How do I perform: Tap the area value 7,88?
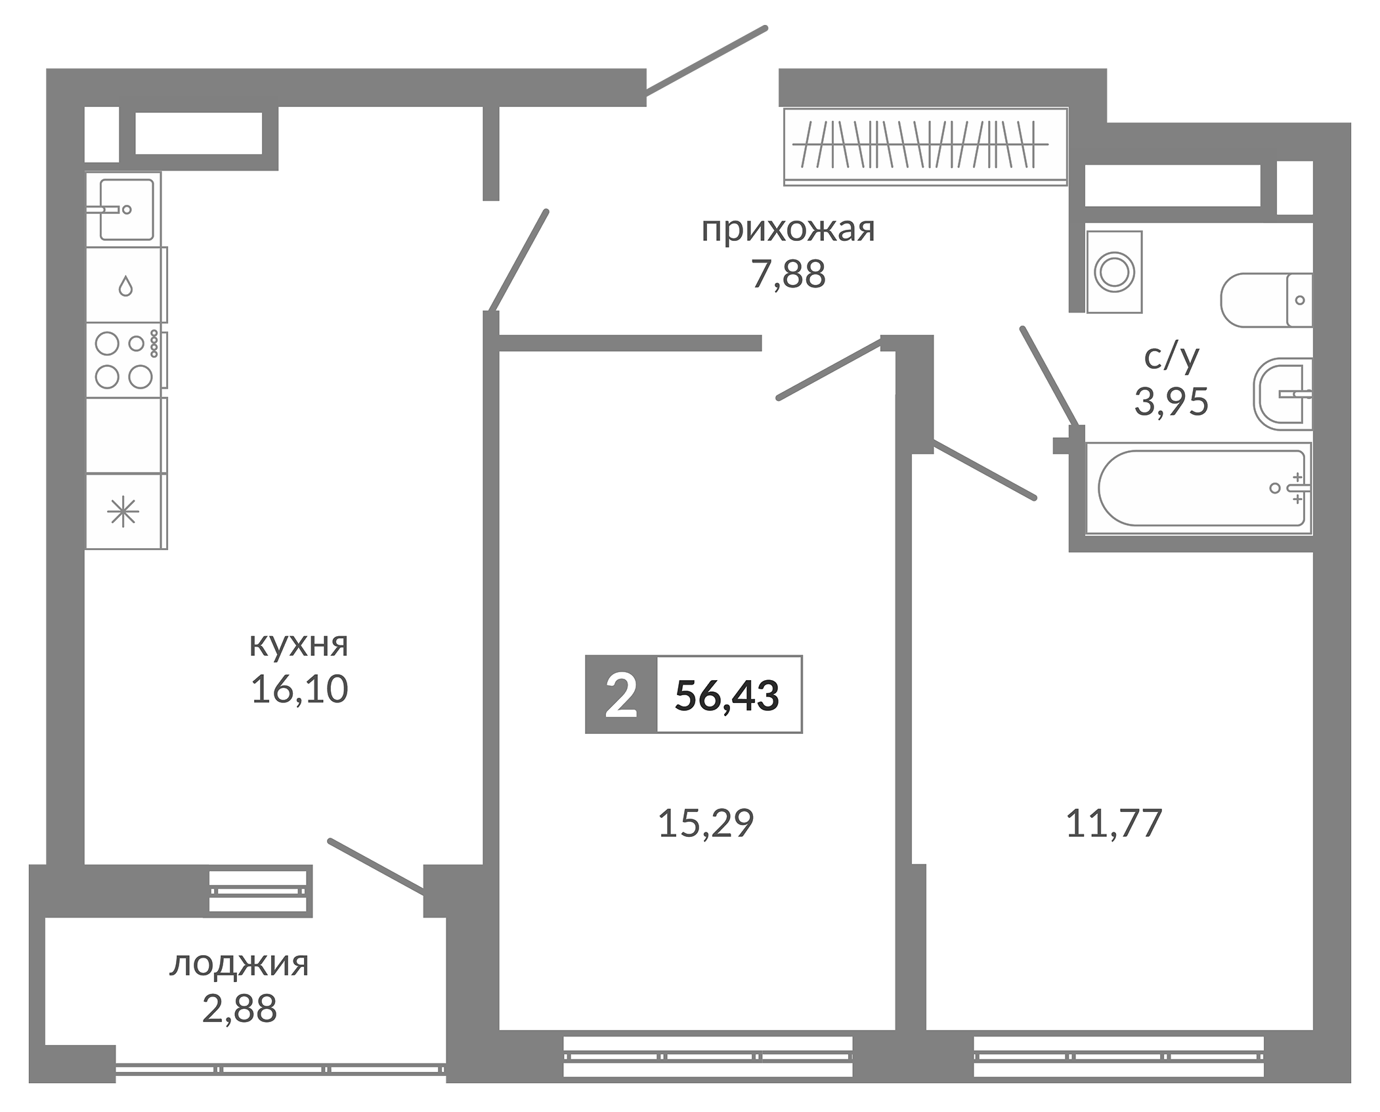(x=788, y=275)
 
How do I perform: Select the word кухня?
(x=299, y=645)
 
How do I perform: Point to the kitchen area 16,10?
(x=299, y=690)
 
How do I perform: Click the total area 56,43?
(x=727, y=695)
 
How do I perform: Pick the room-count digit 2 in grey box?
(x=620, y=695)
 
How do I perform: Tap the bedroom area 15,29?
(x=706, y=823)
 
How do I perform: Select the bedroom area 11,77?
(x=1114, y=823)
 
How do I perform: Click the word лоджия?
(x=239, y=964)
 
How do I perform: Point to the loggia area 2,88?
(x=239, y=1009)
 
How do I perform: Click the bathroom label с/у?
(x=1171, y=357)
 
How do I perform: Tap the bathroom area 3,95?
(x=1171, y=402)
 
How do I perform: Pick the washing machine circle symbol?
(x=1114, y=271)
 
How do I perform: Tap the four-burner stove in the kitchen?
(x=125, y=360)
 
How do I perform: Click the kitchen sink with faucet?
(x=126, y=209)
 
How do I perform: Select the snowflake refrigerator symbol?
(x=123, y=511)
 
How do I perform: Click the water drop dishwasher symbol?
(x=125, y=286)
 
